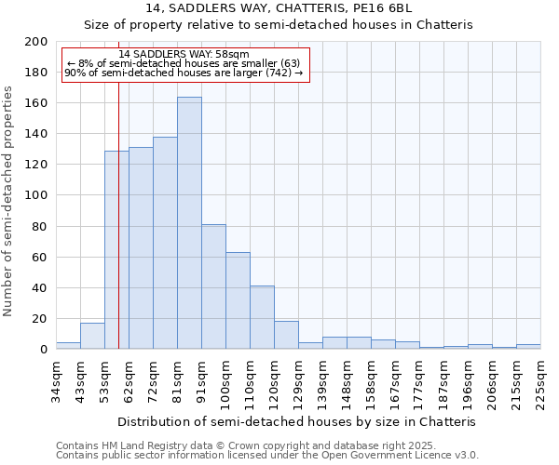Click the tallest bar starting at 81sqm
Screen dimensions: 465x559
coord(189,223)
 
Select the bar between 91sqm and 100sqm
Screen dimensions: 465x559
coord(213,286)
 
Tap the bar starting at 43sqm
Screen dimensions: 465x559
coord(92,336)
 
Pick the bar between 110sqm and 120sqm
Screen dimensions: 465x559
coord(262,317)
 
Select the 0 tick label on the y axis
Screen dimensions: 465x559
coord(43,350)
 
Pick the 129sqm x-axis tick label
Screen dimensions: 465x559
coord(298,382)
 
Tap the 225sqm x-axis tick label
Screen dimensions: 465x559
coord(540,382)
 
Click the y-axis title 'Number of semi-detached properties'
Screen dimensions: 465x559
coord(9,201)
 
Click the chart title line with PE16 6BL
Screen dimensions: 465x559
coord(279,8)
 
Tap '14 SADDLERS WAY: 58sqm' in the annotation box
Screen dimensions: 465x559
coord(184,55)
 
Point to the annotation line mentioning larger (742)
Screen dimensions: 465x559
coord(184,73)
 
